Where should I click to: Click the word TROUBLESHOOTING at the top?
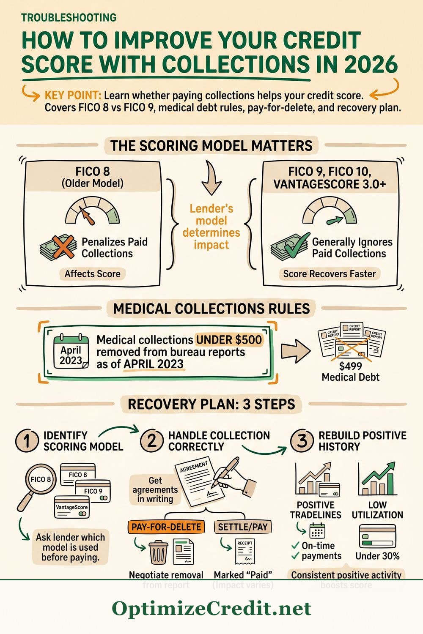click(69, 18)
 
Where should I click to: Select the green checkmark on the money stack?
click(296, 245)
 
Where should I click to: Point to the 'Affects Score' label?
click(92, 274)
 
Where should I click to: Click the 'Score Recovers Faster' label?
click(330, 274)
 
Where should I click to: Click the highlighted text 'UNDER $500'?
click(229, 340)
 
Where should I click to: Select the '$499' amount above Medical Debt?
click(351, 366)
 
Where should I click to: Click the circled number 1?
click(27, 441)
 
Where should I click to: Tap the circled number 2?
click(151, 441)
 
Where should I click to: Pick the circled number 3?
click(302, 441)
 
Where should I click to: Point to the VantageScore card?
click(72, 508)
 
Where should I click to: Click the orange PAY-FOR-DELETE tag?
click(166, 527)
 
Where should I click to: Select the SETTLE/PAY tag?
click(243, 527)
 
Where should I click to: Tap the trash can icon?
click(159, 552)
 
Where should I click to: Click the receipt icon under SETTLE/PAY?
click(245, 551)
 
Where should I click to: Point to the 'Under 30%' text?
click(377, 556)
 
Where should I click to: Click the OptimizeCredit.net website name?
click(211, 609)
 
